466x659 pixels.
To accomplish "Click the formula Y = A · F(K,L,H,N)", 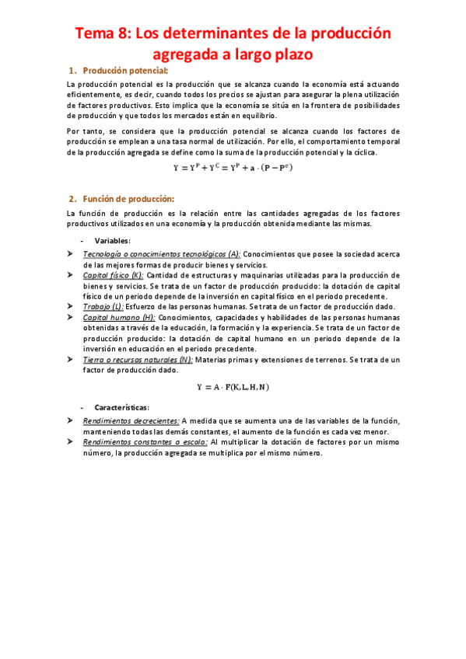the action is pos(233,386).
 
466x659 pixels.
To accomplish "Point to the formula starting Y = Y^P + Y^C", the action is pos(233,166).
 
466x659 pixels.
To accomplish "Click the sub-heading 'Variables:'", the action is pos(112,241).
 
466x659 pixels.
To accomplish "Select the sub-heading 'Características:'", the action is pos(122,408).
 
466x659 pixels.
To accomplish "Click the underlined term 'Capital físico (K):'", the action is pos(113,275).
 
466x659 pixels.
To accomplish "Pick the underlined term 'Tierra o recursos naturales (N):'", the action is pos(138,360).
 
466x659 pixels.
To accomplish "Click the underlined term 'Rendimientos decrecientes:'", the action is pos(131,420).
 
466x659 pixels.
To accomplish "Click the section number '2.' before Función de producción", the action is pos(74,199).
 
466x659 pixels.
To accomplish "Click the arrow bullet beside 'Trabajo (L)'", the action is pos(70,306).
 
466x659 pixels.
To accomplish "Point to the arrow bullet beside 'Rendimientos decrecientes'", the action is pos(70,420).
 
